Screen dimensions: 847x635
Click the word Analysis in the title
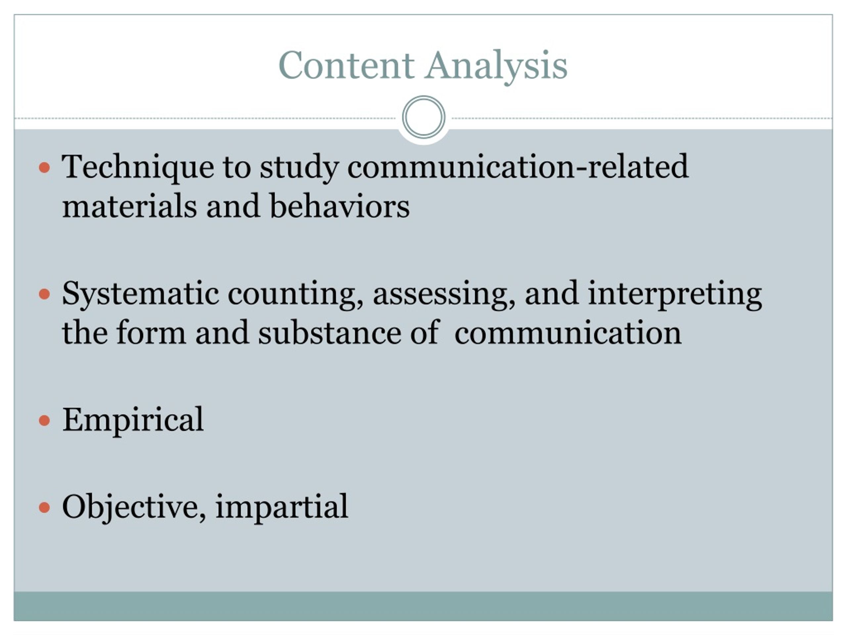497,67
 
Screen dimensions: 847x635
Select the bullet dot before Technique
45,168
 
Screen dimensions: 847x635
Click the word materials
129,206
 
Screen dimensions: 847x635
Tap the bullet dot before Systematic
45,294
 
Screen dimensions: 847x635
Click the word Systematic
141,294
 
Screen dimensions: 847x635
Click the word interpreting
675,294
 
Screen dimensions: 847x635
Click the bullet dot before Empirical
45,420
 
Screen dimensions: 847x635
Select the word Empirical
133,421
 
